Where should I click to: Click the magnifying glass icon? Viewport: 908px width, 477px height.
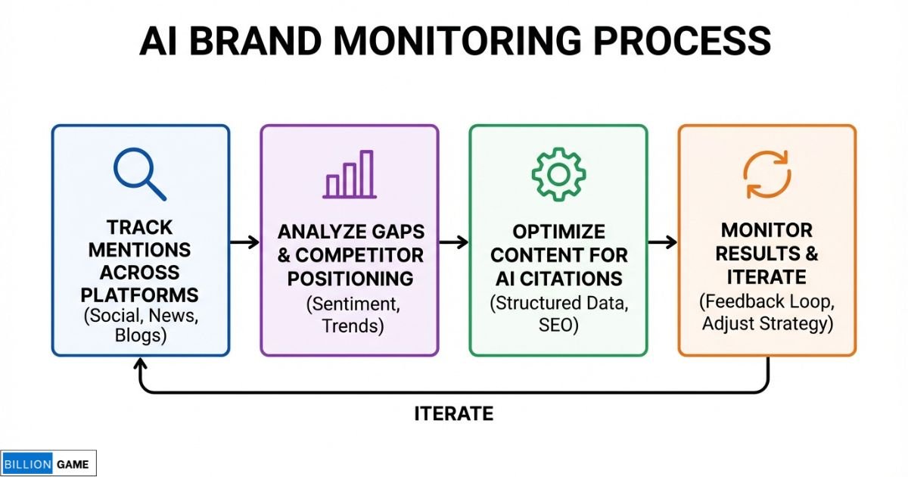tap(139, 173)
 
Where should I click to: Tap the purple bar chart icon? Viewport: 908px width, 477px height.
tap(349, 175)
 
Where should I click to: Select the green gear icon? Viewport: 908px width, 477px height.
tap(558, 174)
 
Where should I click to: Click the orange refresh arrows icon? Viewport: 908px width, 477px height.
tap(767, 174)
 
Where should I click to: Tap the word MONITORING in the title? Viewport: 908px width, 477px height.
tap(481, 42)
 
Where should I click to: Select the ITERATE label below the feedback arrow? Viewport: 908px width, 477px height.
tap(454, 413)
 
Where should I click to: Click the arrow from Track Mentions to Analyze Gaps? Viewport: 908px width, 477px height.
tap(244, 242)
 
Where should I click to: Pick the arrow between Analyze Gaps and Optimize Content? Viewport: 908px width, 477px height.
tap(453, 242)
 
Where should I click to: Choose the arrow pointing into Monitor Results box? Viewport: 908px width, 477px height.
tap(662, 242)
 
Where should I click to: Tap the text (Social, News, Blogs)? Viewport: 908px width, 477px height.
tap(139, 325)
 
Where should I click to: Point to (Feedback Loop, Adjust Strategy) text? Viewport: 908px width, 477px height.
tap(767, 313)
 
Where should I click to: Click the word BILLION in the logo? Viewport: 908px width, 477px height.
tap(27, 464)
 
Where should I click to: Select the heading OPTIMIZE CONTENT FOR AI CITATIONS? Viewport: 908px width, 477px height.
tap(558, 254)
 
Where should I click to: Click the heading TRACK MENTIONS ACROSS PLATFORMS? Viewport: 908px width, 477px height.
tap(139, 260)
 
